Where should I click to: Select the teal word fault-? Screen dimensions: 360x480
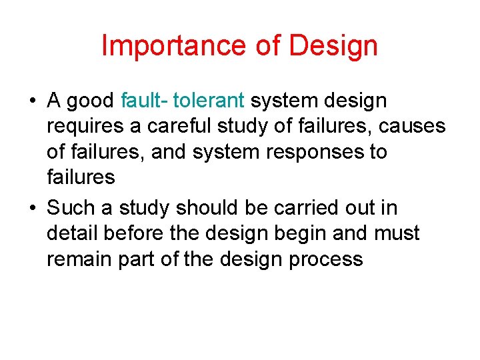point(145,101)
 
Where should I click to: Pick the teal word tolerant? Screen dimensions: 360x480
point(209,101)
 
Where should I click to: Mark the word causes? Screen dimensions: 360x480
point(405,127)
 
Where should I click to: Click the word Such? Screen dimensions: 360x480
point(71,208)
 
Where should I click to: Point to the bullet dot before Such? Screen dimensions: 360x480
point(33,209)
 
